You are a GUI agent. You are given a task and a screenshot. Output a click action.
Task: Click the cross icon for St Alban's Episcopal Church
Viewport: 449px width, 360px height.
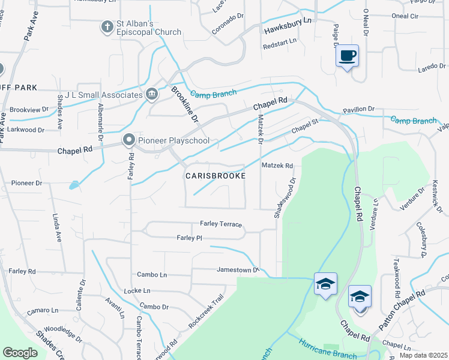click(107, 27)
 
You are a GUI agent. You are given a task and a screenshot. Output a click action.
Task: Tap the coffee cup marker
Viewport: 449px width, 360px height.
click(348, 56)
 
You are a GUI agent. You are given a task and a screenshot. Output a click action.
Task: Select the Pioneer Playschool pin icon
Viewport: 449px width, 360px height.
click(129, 140)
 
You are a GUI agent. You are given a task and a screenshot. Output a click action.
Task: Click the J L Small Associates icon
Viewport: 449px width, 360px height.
click(152, 94)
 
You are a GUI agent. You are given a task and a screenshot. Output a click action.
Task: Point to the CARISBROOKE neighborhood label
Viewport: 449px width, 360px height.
click(215, 176)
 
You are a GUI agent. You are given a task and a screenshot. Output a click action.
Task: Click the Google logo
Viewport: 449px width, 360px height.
click(20, 353)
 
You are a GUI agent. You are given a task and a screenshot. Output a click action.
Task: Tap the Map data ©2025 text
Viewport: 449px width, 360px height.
click(423, 355)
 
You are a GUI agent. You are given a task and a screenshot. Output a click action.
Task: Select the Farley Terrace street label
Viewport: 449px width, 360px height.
click(221, 224)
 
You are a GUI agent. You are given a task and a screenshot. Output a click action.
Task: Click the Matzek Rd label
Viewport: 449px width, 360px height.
click(277, 166)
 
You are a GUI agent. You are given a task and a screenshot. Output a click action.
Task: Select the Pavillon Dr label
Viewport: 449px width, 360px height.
click(358, 110)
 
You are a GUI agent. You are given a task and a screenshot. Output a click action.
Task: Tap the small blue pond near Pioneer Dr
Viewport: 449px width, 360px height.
click(73, 185)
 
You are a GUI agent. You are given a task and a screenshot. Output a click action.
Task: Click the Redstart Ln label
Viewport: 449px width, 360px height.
click(280, 41)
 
